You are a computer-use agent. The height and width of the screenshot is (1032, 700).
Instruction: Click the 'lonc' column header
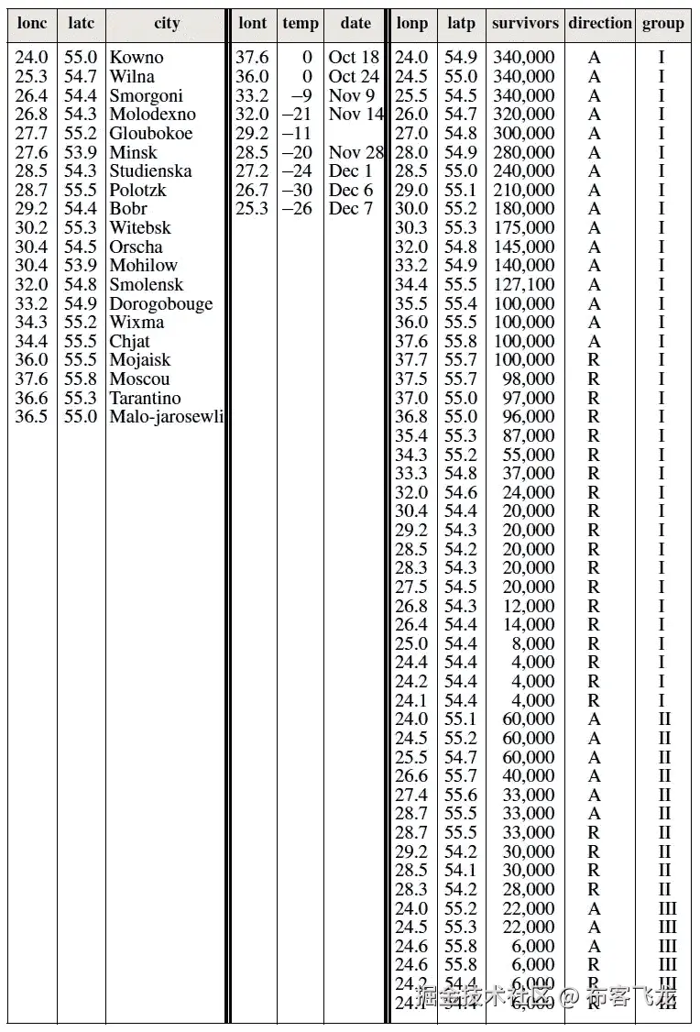tap(31, 24)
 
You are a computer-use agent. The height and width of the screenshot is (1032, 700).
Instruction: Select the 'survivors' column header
tap(524, 24)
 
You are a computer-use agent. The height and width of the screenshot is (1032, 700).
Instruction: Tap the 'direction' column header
tap(600, 24)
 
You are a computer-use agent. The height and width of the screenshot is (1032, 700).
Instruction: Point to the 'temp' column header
tap(301, 24)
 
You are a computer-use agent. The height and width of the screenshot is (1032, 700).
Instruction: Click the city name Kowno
tap(136, 58)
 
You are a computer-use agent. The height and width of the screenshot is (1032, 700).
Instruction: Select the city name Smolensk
tap(146, 285)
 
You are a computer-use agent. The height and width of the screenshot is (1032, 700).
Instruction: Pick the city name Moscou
tap(139, 379)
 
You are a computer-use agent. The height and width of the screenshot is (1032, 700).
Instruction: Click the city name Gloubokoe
tap(151, 134)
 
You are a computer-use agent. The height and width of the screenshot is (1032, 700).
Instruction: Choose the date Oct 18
tap(354, 58)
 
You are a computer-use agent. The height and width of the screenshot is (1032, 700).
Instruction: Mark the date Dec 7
tap(351, 209)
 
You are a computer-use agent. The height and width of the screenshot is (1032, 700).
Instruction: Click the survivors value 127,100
tap(524, 285)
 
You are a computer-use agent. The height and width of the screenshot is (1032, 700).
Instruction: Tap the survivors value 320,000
tap(524, 115)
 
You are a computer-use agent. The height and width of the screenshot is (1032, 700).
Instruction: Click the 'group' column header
tap(662, 24)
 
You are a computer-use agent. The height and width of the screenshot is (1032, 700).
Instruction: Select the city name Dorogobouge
tap(160, 304)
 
